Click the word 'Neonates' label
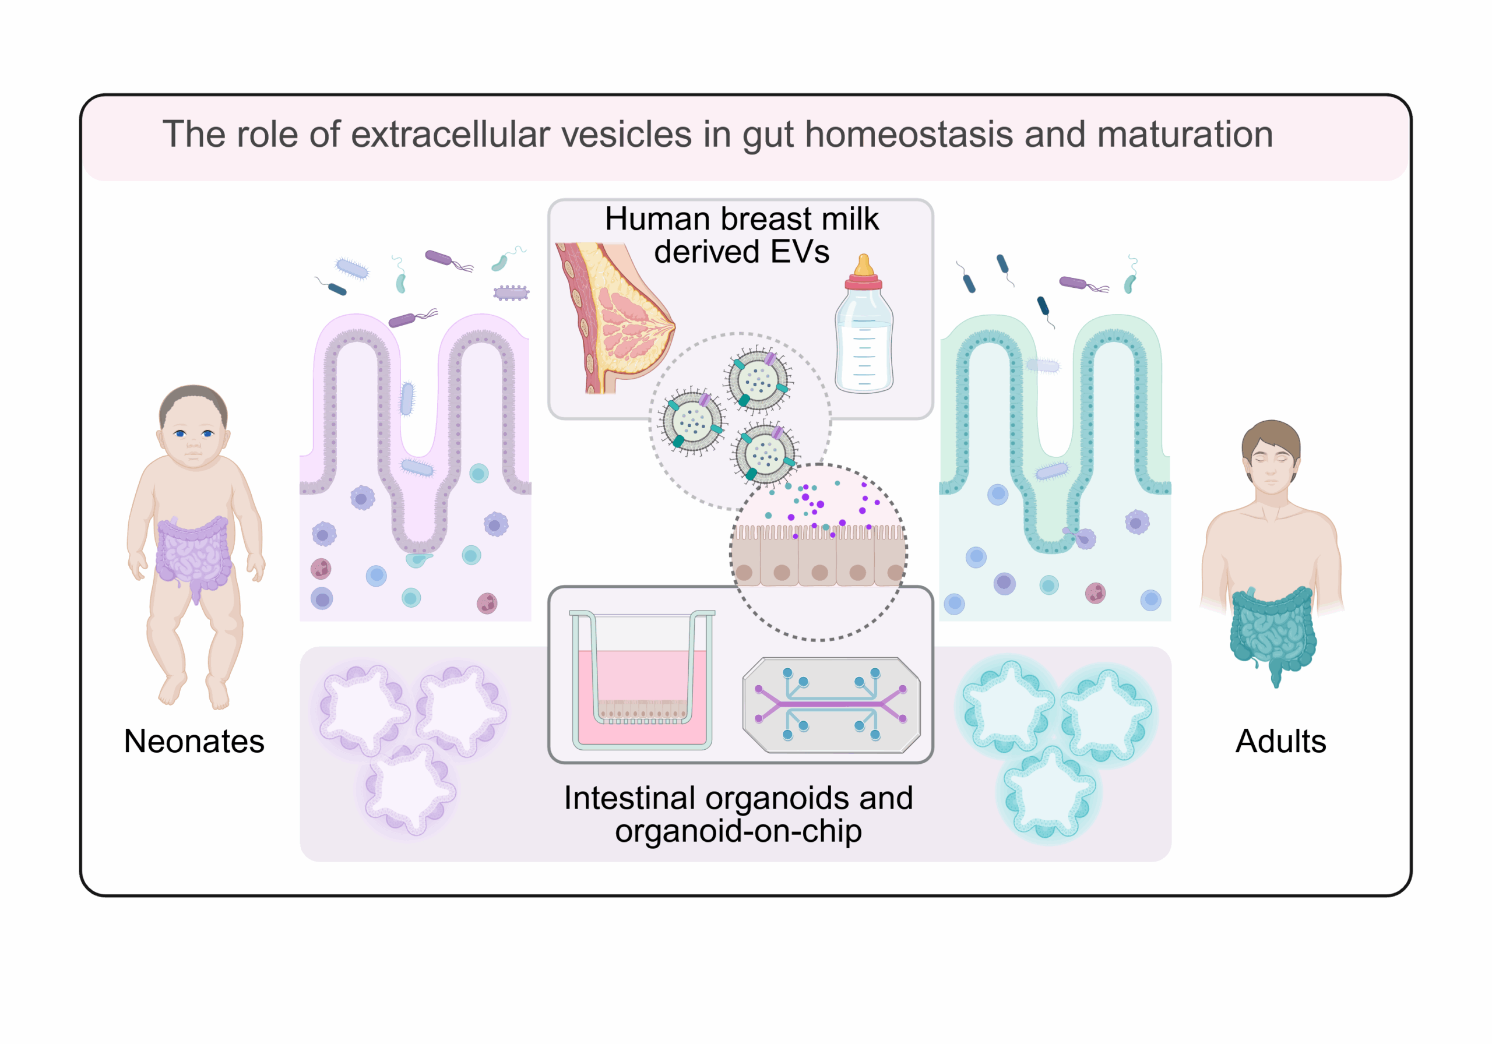coord(193,741)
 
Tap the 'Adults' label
coord(1280,741)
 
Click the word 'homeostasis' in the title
coord(909,135)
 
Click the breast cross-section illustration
coord(614,318)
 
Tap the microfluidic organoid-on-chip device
coord(831,706)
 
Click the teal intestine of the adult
coord(1272,630)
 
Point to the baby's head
coord(193,425)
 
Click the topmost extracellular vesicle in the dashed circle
coord(758,380)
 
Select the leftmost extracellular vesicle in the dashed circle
coord(691,422)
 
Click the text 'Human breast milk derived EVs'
coord(741,235)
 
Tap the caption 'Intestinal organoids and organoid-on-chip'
coord(738,814)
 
